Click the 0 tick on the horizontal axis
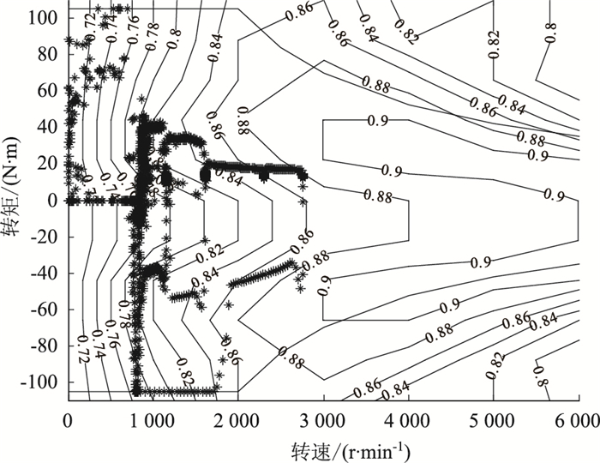(68, 419)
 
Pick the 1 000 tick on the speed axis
(153, 419)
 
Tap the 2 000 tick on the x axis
(237, 419)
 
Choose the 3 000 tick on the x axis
(322, 419)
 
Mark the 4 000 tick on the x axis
(407, 419)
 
